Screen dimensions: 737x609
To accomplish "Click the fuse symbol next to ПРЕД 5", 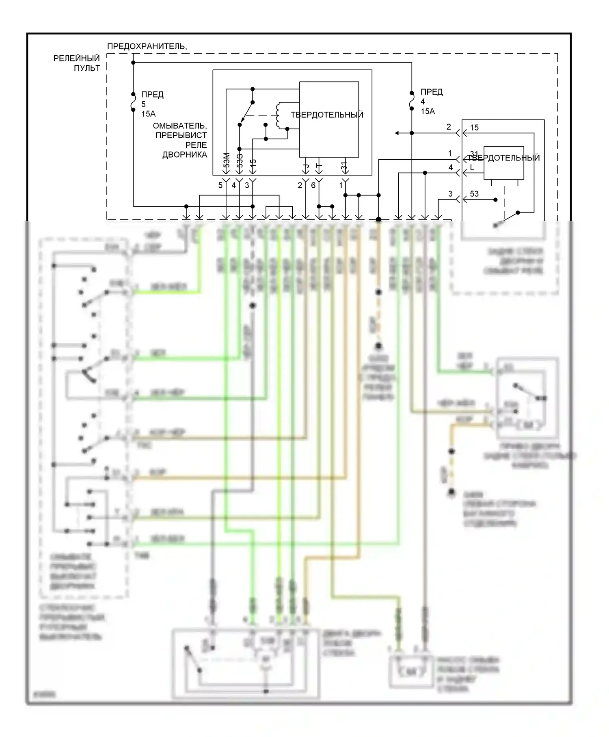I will (x=133, y=102).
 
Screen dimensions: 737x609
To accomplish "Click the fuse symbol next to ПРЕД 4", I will (x=411, y=100).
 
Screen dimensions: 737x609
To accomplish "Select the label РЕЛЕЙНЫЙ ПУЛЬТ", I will (x=77, y=63).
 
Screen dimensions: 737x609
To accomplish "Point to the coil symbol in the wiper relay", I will (x=278, y=116).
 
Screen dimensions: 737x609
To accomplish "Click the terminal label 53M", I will (x=227, y=160).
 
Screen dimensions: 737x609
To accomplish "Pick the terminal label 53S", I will (x=240, y=160).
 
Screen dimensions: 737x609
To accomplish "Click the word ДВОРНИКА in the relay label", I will (x=185, y=155).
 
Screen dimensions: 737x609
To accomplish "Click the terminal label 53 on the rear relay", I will (x=474, y=194).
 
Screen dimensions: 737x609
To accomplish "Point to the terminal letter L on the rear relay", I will (x=472, y=167).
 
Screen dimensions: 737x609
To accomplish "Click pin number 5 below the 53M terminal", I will (x=220, y=185).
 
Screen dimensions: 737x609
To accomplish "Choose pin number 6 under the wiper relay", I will (x=313, y=185).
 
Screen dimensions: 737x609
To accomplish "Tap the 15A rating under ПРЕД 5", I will (x=148, y=114).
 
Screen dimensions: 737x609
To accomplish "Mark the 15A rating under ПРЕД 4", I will (x=428, y=111).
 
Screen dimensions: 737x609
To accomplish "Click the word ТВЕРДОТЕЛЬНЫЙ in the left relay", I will (x=327, y=115).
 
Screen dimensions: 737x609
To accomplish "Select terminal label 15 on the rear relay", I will (x=474, y=128).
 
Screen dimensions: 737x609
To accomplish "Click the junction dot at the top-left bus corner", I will (x=133, y=63).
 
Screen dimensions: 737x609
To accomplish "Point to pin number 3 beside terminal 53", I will (x=450, y=194).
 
